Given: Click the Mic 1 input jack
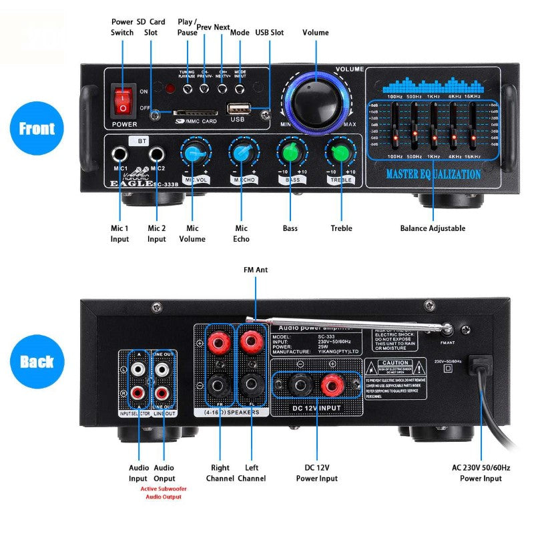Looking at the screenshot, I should pyautogui.click(x=121, y=154).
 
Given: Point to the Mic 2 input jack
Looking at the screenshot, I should pyautogui.click(x=158, y=154).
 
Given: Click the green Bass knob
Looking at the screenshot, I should pyautogui.click(x=290, y=153).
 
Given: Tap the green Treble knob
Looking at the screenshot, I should pyautogui.click(x=340, y=153).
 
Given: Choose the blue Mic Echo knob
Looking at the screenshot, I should pyautogui.click(x=242, y=153).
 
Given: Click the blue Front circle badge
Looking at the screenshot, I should pyautogui.click(x=37, y=128).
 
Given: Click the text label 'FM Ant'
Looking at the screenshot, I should pyautogui.click(x=256, y=270).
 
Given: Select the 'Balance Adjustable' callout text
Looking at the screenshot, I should pyautogui.click(x=433, y=228).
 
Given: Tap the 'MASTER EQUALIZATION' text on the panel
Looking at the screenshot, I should pyautogui.click(x=433, y=174).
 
